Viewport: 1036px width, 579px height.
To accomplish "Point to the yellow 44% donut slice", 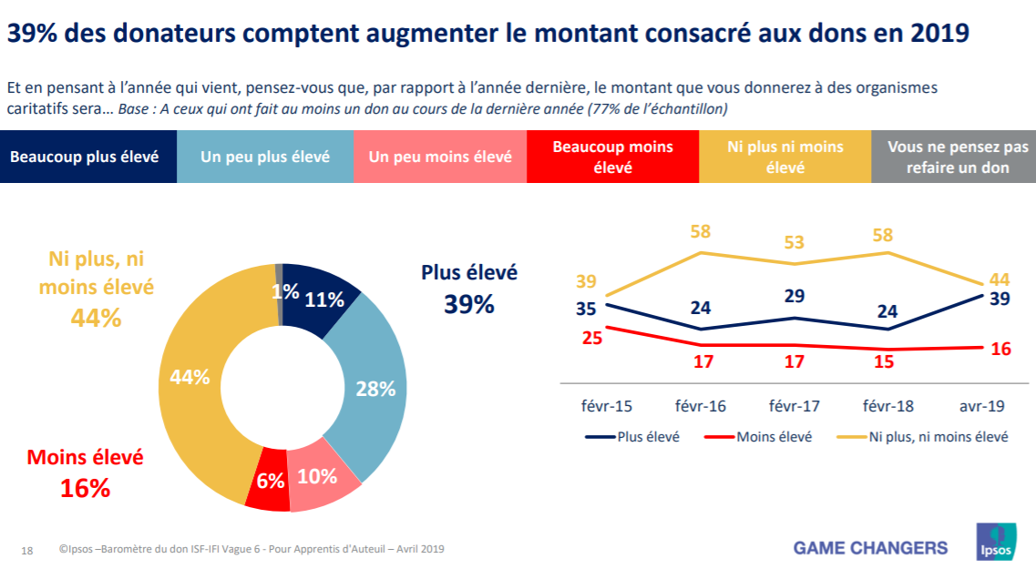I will (195, 377).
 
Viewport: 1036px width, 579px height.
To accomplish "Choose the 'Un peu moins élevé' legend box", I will (441, 157).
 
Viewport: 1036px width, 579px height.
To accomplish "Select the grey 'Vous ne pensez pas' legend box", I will (953, 157).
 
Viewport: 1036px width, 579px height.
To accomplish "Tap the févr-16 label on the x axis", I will (700, 406).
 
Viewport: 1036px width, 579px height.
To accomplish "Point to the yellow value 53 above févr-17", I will (794, 241).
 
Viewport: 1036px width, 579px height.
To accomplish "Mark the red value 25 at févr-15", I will (592, 338).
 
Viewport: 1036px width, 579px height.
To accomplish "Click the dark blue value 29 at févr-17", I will (794, 295).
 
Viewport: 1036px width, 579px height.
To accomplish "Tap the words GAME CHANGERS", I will (870, 548).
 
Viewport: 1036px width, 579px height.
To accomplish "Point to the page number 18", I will (27, 551).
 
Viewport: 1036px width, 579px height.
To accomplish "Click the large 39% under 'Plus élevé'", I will (469, 305).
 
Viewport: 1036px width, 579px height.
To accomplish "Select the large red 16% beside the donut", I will (85, 488).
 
